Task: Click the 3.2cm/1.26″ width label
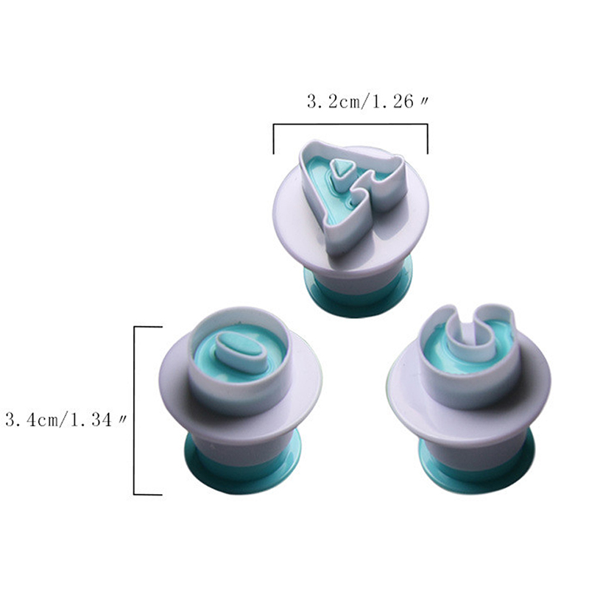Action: tap(367, 102)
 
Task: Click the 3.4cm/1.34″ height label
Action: tap(65, 419)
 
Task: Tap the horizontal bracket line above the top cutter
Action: tap(350, 124)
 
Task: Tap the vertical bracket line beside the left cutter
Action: tap(135, 411)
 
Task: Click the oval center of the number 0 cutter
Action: tap(239, 349)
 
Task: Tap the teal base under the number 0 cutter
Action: tap(244, 468)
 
